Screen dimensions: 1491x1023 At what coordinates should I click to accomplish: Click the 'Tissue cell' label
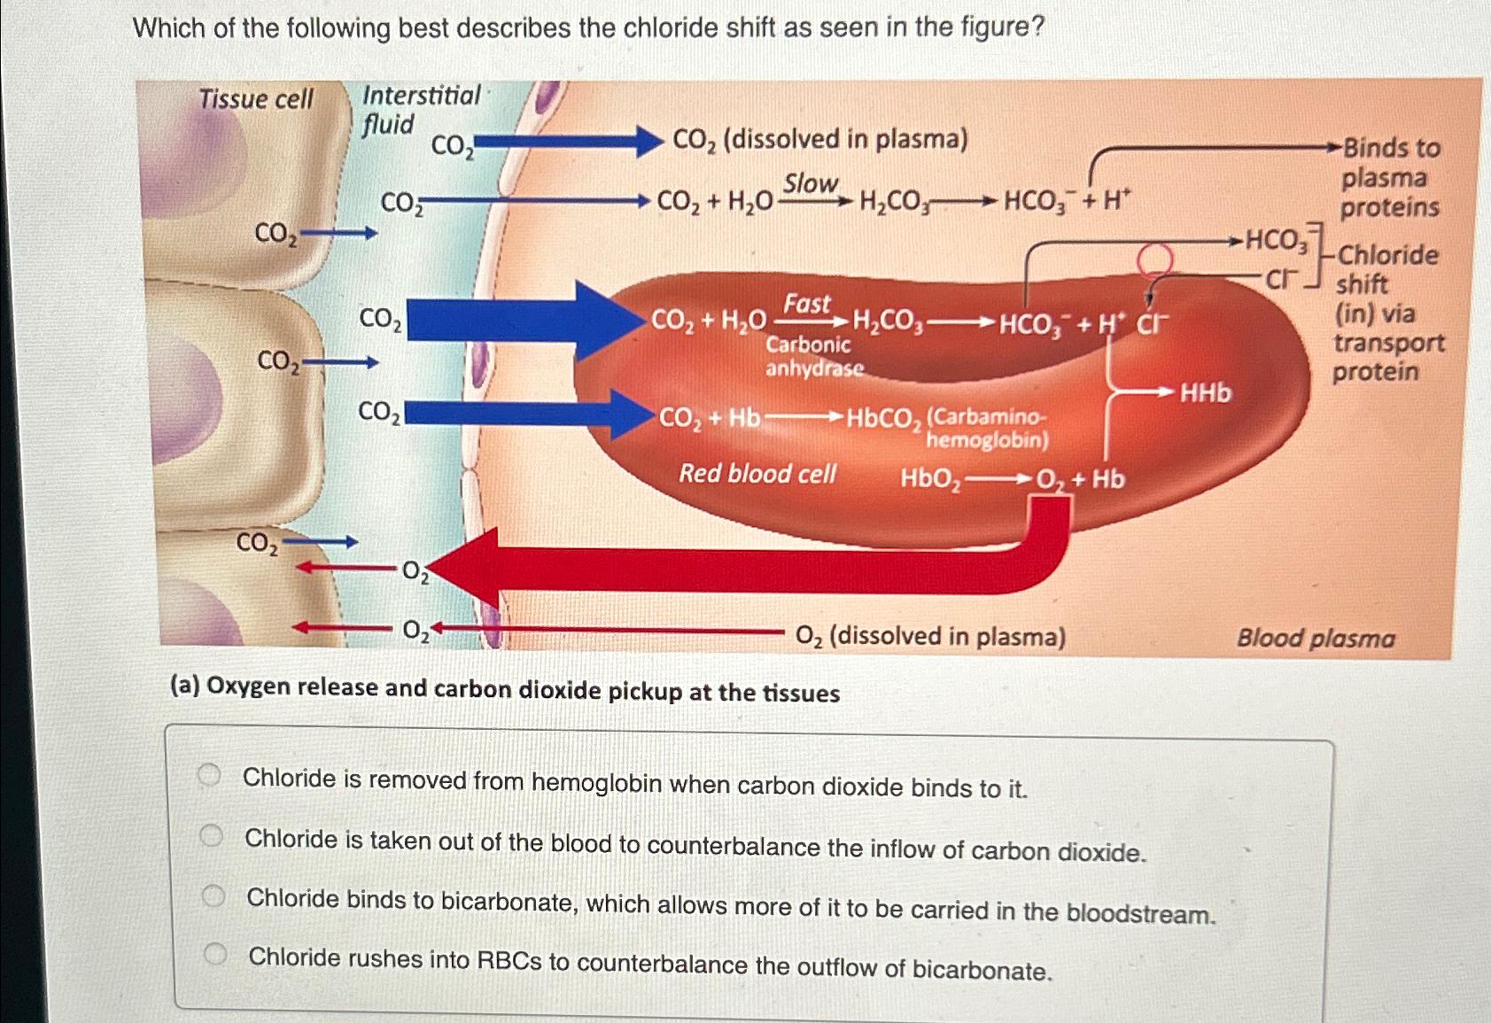[x=255, y=98]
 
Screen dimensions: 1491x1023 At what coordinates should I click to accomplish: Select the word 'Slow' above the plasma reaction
[x=810, y=183]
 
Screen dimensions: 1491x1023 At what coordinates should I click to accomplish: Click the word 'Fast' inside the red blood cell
[x=806, y=304]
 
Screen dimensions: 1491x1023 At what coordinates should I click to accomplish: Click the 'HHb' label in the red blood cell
[x=1206, y=392]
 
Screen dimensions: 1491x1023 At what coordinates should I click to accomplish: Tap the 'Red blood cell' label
[x=757, y=474]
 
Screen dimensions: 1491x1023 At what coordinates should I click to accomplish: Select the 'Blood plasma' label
[x=1316, y=638]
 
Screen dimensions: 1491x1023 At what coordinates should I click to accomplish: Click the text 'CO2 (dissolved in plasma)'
[x=820, y=140]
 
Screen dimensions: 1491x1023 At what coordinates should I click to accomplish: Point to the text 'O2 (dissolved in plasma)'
[x=930, y=636]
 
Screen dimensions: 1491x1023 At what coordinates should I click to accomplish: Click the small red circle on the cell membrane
[x=1154, y=259]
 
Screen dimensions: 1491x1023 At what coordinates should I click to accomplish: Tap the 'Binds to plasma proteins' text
[x=1389, y=177]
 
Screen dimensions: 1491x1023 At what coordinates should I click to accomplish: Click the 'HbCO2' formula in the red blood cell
[x=884, y=418]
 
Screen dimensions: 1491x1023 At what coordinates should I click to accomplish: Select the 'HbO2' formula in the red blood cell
[x=930, y=479]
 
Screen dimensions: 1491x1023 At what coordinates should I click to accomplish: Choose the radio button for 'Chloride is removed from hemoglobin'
[x=209, y=776]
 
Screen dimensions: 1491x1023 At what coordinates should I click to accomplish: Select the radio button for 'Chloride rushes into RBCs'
[x=214, y=954]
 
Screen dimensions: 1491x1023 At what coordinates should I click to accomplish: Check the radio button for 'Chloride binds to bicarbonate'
[x=213, y=895]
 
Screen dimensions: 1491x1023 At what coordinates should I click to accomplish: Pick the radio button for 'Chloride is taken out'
[x=211, y=835]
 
